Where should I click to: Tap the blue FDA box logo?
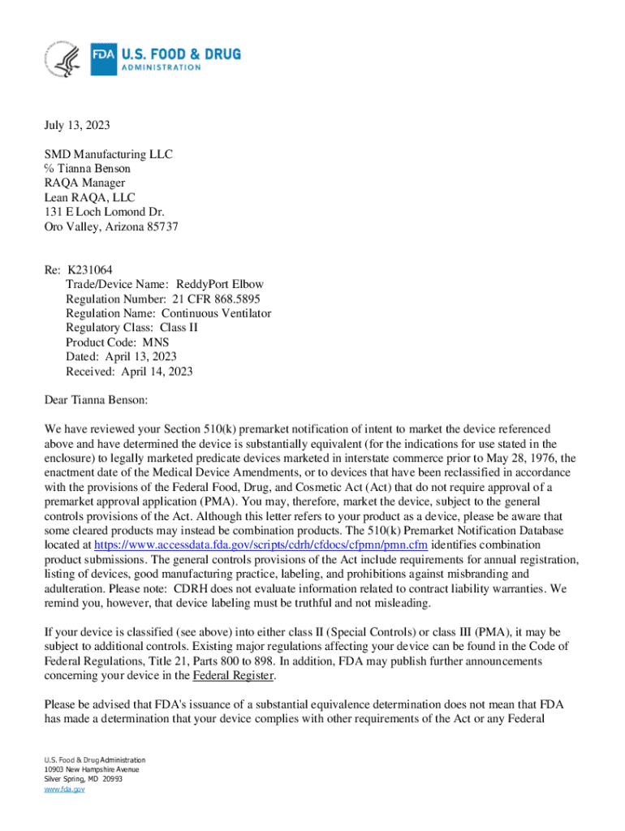[103, 59]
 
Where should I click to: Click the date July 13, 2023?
[76, 126]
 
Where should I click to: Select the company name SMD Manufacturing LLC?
[108, 154]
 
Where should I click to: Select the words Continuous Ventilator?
[216, 313]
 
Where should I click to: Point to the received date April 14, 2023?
[157, 372]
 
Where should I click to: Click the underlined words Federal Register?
[234, 675]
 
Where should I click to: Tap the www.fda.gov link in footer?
[64, 789]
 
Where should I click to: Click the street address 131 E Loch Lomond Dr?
[98, 213]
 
